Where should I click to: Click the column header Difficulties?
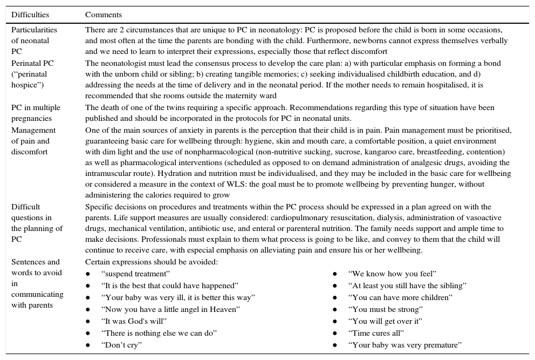[30, 15]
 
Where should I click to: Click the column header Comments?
[104, 15]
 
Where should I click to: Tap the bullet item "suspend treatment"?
[135, 274]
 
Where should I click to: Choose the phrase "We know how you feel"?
[392, 274]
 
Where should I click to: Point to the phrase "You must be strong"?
[386, 309]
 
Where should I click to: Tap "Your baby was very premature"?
[405, 345]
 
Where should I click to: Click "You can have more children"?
[400, 297]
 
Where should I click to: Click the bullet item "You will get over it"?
[385, 321]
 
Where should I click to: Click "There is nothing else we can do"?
[159, 333]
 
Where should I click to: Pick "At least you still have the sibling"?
[407, 286]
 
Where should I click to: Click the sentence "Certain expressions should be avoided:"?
[152, 262]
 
